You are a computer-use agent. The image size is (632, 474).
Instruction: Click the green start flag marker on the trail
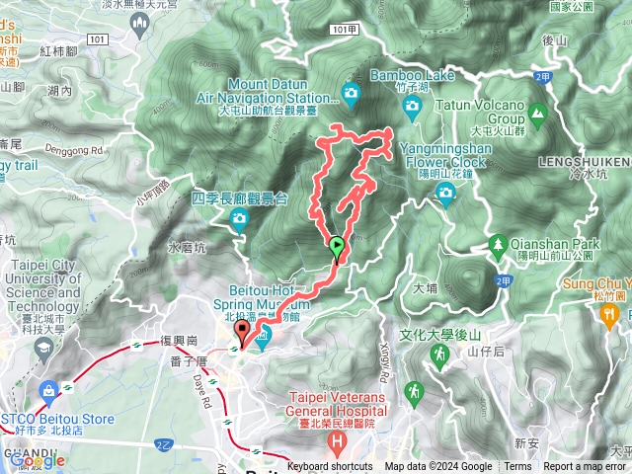coord(337,247)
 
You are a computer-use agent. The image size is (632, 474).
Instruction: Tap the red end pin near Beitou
coord(243,335)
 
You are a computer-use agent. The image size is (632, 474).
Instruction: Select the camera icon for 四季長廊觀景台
coord(238,223)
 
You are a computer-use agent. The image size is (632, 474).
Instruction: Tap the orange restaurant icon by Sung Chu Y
coord(609,314)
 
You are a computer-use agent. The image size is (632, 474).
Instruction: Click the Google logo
coord(38,460)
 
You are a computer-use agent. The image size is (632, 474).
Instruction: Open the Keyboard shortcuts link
coord(330,467)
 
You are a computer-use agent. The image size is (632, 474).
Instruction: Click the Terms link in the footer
coord(517,467)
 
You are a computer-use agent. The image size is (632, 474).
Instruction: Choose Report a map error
coord(586,467)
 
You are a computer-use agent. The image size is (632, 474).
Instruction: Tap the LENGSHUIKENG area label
coord(584,160)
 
